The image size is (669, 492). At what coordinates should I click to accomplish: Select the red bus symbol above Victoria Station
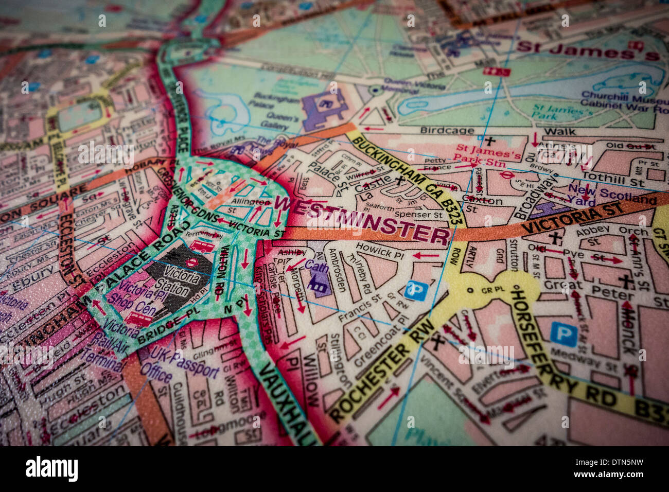click(202, 245)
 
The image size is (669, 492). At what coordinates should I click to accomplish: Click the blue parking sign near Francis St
click(416, 291)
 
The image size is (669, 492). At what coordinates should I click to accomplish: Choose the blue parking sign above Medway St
click(563, 333)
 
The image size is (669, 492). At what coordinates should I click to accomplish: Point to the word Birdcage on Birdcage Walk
click(447, 131)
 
